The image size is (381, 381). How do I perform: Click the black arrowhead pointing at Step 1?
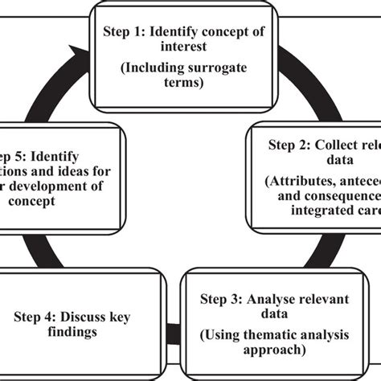tap(78, 55)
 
